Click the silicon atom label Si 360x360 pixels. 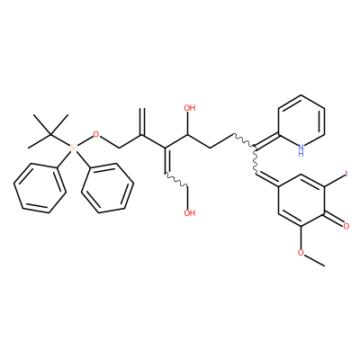73,148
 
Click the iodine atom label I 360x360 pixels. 346,174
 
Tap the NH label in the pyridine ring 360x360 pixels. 301,150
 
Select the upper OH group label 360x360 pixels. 190,108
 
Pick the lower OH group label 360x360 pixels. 190,213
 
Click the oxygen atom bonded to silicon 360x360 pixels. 95,134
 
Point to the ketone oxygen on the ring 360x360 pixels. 346,227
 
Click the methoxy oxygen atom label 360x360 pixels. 301,253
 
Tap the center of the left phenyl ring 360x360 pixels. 40,188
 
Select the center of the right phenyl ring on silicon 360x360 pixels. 107,188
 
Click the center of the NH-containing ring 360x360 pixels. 301,121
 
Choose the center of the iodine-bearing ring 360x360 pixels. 301,200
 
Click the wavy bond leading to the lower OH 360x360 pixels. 177,180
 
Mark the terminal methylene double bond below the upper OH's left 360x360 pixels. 143,121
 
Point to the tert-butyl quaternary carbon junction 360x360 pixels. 51,134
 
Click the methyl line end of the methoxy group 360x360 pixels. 324,265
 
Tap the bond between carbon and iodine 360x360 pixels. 335,180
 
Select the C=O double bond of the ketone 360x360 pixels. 334,220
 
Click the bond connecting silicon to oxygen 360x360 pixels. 85,140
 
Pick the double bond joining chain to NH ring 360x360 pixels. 267,140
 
